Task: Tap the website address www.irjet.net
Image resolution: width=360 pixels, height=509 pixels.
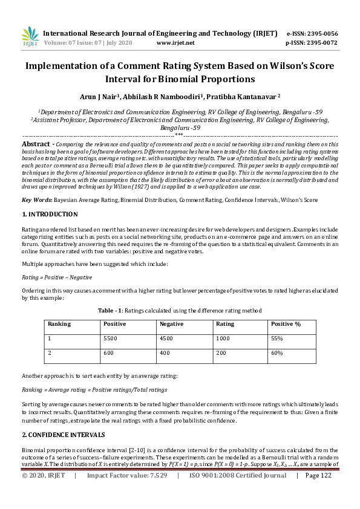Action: pyautogui.click(x=175, y=43)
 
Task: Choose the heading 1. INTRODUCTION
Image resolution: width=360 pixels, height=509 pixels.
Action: pyautogui.click(x=50, y=214)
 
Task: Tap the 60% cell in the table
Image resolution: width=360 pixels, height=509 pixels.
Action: pyautogui.click(x=277, y=352)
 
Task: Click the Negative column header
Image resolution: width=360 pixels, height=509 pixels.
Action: pyautogui.click(x=171, y=324)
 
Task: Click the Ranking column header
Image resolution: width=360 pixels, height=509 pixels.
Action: pyautogui.click(x=59, y=324)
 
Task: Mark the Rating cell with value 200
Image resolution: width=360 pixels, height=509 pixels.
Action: pyautogui.click(x=221, y=352)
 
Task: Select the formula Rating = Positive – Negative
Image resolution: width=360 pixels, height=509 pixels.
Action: pyautogui.click(x=57, y=277)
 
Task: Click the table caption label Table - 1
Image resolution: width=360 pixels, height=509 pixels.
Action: pyautogui.click(x=113, y=310)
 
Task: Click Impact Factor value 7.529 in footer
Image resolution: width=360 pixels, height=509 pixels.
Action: pyautogui.click(x=127, y=493)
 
